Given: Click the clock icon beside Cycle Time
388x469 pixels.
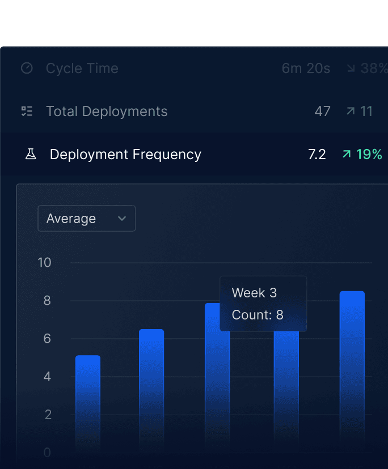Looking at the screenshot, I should [27, 69].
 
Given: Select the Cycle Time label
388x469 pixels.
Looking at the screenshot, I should [82, 69].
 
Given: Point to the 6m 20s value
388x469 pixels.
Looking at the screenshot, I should [306, 69].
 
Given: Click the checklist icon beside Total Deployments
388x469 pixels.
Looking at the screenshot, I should [27, 111].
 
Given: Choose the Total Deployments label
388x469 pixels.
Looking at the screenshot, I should [107, 111].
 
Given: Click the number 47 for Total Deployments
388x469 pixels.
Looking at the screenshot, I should [322, 111].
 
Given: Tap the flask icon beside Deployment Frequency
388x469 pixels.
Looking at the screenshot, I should [31, 154].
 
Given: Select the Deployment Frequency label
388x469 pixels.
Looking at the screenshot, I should [125, 154].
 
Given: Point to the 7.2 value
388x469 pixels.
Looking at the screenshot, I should [317, 154].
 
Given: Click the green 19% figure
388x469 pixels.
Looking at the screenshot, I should [369, 154].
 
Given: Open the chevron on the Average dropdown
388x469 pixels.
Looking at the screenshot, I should [121, 219].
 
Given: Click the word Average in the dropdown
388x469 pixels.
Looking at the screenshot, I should [71, 219].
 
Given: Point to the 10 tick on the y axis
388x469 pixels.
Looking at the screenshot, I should [44, 263].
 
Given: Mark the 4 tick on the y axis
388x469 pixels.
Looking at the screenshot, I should [47, 377].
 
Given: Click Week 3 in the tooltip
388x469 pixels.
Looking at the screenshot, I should [254, 293].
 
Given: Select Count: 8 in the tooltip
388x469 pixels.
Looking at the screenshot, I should [258, 315].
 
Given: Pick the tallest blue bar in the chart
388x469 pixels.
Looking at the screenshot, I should [352, 368].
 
